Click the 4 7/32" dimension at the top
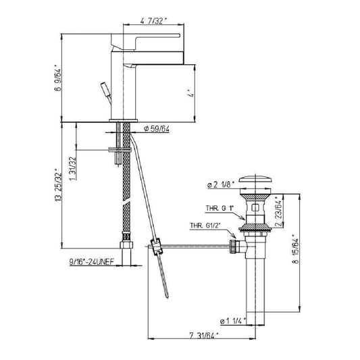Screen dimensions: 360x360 (x=153, y=21)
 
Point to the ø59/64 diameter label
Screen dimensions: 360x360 (x=157, y=129)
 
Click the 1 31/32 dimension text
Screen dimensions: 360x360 (x=72, y=168)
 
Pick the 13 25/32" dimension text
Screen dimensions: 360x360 (x=58, y=186)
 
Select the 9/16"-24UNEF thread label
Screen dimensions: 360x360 (x=92, y=261)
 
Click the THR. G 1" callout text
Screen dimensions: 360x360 (x=220, y=208)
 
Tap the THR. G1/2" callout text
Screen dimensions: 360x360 (x=205, y=226)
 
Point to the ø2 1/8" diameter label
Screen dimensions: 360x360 (x=220, y=184)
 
